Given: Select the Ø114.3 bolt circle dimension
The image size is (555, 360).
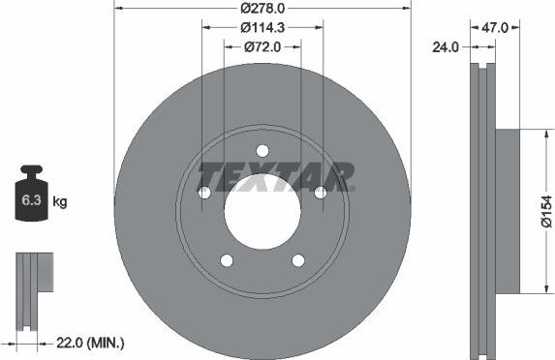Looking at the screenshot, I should [x=262, y=27].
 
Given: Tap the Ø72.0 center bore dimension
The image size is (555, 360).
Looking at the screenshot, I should [x=262, y=45].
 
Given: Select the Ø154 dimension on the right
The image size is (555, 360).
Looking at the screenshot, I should [x=546, y=211].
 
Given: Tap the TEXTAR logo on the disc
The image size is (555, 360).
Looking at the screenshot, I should [x=276, y=178].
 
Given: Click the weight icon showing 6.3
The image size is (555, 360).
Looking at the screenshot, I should [x=32, y=200].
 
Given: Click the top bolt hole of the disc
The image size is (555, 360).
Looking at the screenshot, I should [x=262, y=150].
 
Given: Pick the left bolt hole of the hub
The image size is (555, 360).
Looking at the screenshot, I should [x=204, y=193].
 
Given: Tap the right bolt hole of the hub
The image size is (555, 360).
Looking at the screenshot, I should [x=320, y=193].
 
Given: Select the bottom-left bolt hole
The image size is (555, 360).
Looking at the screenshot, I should [x=227, y=259].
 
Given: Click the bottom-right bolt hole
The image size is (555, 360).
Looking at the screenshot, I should [x=297, y=259].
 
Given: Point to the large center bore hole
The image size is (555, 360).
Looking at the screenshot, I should [x=262, y=212].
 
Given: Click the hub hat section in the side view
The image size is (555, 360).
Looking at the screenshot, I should [x=508, y=211].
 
